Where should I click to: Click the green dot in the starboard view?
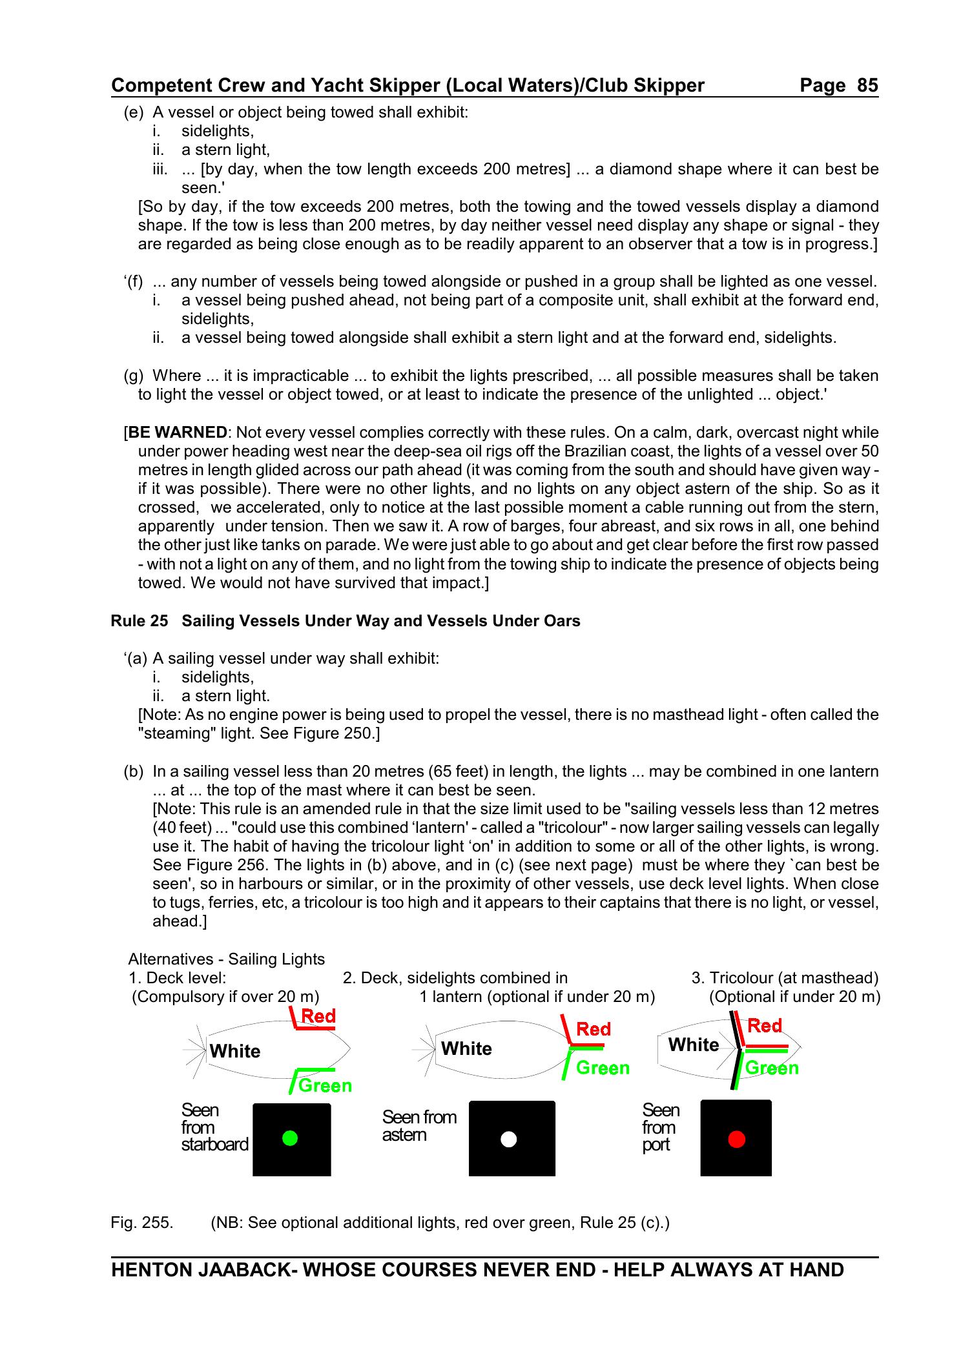click(x=290, y=1138)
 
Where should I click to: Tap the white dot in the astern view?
click(x=509, y=1139)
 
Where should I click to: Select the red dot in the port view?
click(x=736, y=1139)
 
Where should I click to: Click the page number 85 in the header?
click(x=867, y=85)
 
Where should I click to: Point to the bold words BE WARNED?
click(x=178, y=433)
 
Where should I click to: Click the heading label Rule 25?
click(x=139, y=621)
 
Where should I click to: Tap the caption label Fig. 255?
click(x=141, y=1223)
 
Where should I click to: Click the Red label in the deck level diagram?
click(x=318, y=1016)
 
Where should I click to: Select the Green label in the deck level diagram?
click(x=325, y=1086)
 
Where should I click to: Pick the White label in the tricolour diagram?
click(x=694, y=1045)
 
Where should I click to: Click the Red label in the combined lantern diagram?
click(x=593, y=1029)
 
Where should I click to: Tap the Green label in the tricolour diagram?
click(x=772, y=1068)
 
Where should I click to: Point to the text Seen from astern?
click(x=418, y=1126)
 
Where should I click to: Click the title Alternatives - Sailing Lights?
click(x=226, y=959)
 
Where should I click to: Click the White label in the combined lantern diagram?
click(x=466, y=1048)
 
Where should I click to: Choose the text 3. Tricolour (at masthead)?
click(x=785, y=978)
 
